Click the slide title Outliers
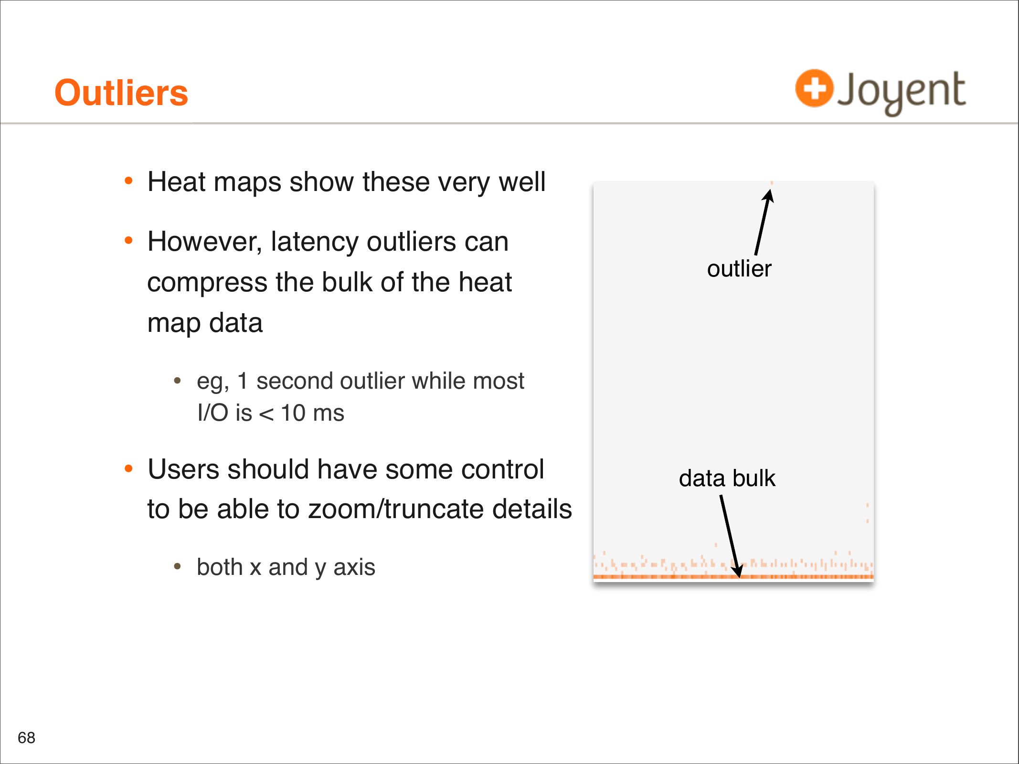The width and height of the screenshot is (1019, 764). (121, 93)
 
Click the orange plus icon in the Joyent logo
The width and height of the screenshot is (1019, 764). (814, 88)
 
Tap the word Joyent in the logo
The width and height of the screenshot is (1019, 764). (902, 92)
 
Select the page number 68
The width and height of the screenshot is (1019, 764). (26, 738)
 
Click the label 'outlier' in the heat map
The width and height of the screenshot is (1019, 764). (739, 268)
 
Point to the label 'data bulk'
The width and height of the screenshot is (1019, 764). (727, 478)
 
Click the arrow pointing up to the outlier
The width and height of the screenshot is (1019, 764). (763, 223)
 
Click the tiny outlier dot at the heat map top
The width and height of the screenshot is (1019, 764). (772, 183)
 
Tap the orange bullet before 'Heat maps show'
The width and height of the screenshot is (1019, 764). (128, 181)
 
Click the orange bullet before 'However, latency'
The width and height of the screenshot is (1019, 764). (128, 240)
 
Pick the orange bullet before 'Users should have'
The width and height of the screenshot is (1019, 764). (128, 468)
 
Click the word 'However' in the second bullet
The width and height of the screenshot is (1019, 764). (204, 242)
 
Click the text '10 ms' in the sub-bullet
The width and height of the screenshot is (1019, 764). (312, 413)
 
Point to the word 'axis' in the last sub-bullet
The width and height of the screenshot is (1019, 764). (354, 567)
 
